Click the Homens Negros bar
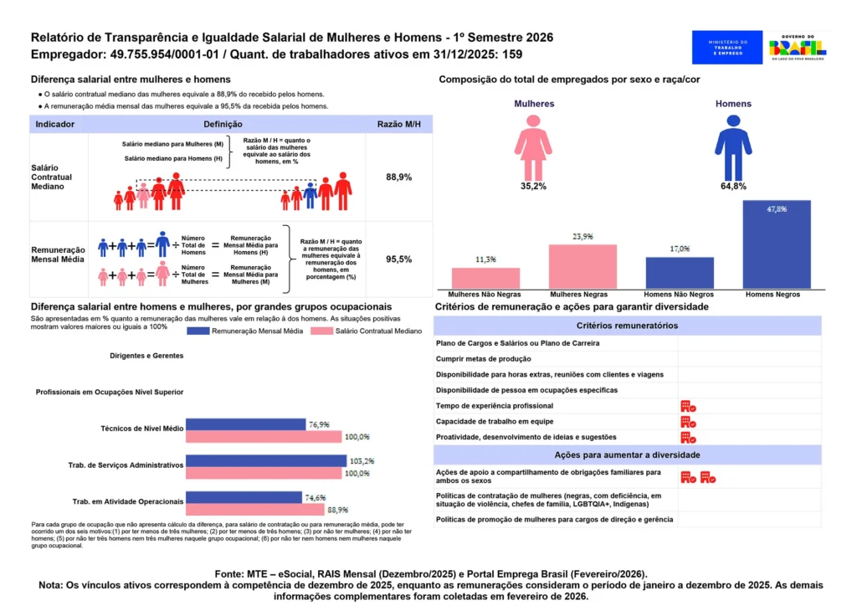coord(776,245)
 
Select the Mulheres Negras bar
coord(582,267)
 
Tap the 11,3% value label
coord(485,259)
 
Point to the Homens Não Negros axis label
coord(679,295)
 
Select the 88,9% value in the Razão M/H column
coord(398,177)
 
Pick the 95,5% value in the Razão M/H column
coord(398,259)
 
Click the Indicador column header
coord(55,124)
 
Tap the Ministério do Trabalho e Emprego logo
coord(726,48)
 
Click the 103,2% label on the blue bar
coord(361,461)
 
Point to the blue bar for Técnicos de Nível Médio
coord(245,425)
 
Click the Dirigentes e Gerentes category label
coord(146,356)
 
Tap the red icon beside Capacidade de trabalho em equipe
coord(688,421)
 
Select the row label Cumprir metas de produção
coord(485,358)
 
